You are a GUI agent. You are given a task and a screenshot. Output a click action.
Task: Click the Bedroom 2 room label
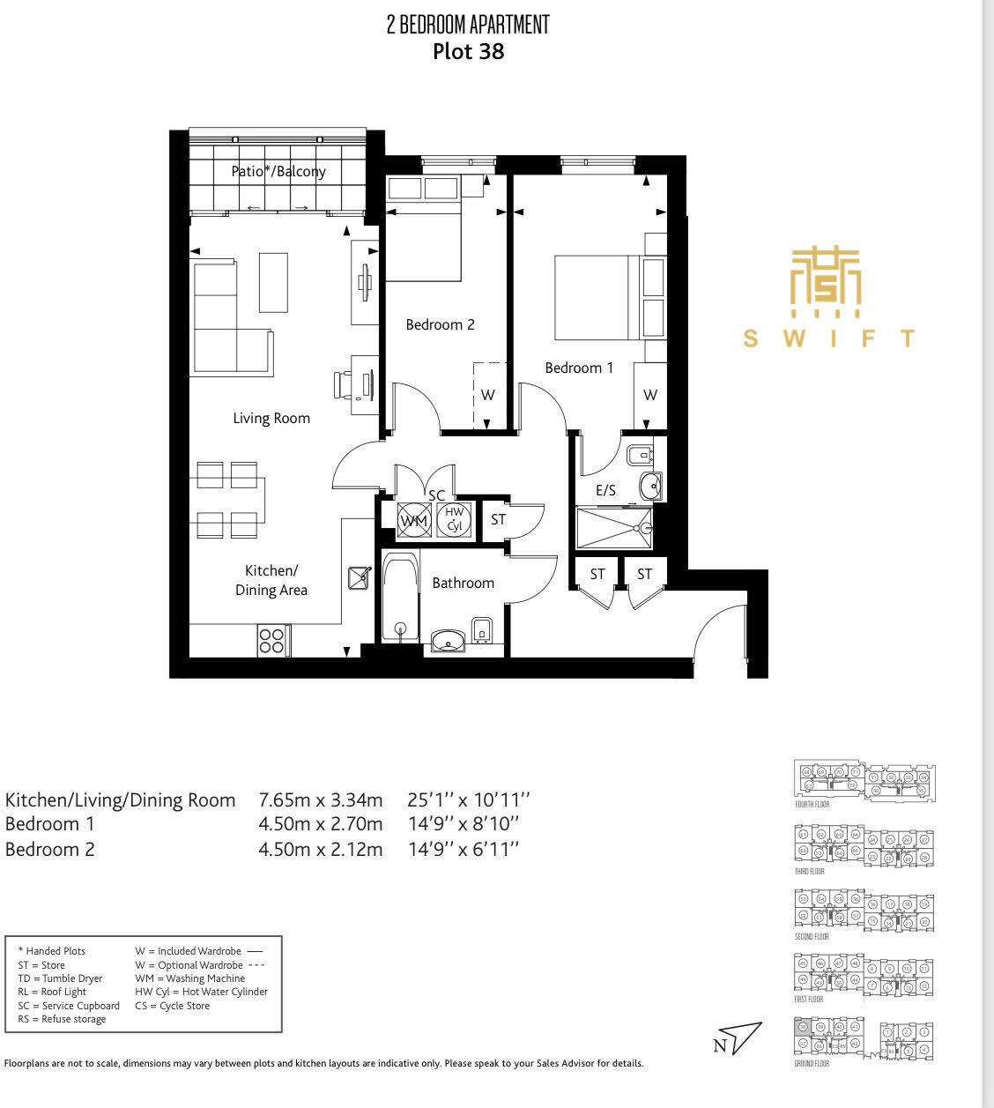(440, 324)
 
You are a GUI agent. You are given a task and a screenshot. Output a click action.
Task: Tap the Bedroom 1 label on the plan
(578, 368)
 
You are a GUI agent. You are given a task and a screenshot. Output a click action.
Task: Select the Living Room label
(271, 418)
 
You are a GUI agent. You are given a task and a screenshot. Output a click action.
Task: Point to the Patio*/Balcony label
(278, 171)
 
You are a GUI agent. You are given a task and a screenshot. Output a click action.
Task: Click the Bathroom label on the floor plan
(463, 583)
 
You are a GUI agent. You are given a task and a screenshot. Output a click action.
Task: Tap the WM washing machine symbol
(412, 520)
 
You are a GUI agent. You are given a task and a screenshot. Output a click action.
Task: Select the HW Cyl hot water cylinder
(454, 519)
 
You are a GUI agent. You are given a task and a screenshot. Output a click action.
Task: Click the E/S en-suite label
(605, 491)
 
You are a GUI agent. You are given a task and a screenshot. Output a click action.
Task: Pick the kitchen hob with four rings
(271, 640)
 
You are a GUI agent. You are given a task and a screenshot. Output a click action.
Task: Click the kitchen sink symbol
(360, 578)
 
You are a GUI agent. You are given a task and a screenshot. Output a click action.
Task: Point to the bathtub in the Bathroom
(401, 599)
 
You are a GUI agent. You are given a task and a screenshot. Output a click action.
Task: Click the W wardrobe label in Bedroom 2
(487, 395)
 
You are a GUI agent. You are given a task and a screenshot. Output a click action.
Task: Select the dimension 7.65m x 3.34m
(320, 800)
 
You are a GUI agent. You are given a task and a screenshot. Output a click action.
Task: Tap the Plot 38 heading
(468, 51)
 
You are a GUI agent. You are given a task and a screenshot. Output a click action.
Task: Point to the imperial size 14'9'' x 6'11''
(463, 850)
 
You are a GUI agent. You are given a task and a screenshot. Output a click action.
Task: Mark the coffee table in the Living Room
(273, 282)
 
